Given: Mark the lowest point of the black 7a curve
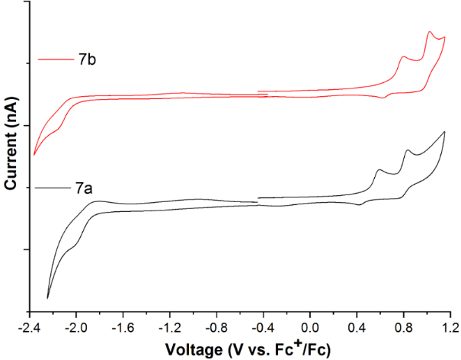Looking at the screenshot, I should tap(47, 298).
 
